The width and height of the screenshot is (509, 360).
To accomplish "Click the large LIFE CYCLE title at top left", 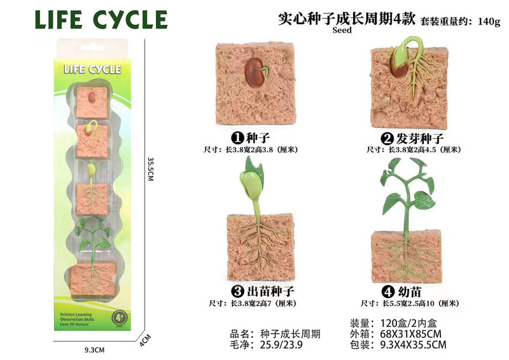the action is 100,20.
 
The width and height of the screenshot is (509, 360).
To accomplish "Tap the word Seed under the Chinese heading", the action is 341,29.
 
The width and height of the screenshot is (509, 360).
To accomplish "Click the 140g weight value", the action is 489,21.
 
